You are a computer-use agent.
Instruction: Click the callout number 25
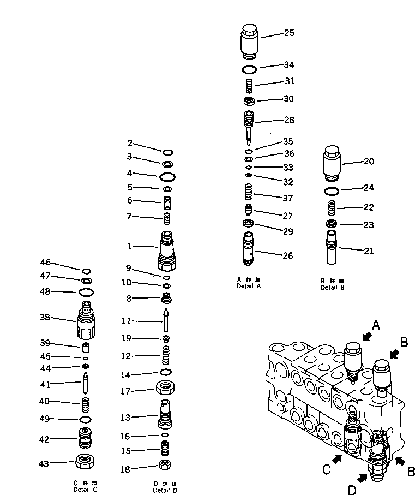(289, 33)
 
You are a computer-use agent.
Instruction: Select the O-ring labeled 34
(249, 69)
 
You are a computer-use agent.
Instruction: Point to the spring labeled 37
(249, 193)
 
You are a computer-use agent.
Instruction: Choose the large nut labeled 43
(86, 462)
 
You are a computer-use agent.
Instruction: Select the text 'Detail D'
(165, 490)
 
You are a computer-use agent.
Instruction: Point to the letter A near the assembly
(375, 325)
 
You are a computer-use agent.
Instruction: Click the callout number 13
(125, 418)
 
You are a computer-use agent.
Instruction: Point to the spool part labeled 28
(249, 123)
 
